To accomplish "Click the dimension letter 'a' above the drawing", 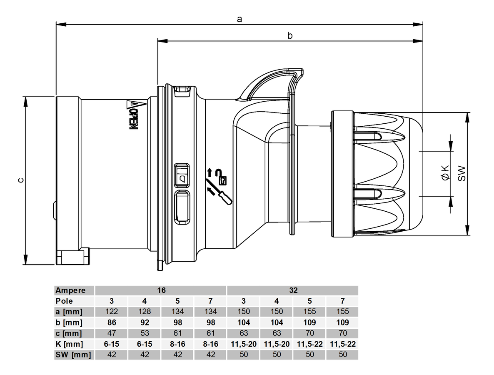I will [x=239, y=19].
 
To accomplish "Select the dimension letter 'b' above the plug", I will [x=290, y=36].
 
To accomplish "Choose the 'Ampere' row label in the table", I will [x=71, y=290].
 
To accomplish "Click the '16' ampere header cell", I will [x=161, y=290].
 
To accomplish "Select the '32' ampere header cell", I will [x=292, y=290].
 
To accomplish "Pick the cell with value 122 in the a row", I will [x=112, y=312].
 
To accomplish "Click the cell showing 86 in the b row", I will [x=112, y=322].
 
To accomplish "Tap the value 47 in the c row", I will [x=112, y=333].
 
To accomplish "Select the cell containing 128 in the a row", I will [x=145, y=312].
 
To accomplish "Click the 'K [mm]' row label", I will [x=69, y=344].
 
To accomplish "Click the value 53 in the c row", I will [x=145, y=333].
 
